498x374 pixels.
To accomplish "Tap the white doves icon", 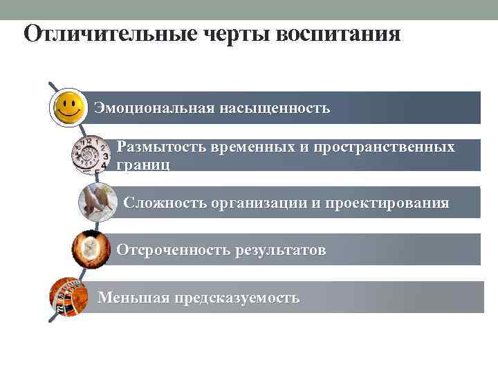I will pos(96,202).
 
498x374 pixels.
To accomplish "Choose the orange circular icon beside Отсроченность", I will pos(89,249).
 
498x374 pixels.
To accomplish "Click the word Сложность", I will pos(161,204).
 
